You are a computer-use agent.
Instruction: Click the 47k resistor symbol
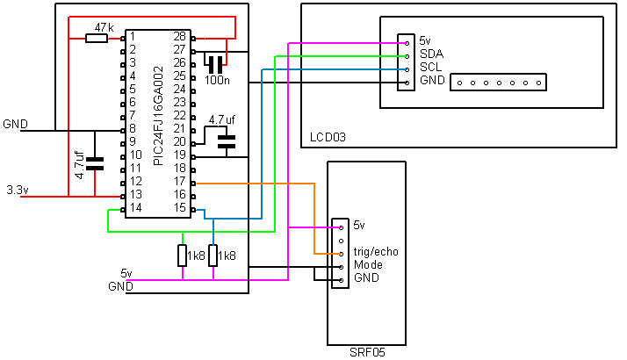coord(97,39)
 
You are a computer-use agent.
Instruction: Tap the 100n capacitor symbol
coord(215,64)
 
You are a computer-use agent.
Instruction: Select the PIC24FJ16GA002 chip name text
coord(158,116)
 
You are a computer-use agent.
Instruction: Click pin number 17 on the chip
coord(179,181)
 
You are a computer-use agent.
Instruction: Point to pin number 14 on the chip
coord(135,207)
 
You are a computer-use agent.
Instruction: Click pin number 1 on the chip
coord(133,37)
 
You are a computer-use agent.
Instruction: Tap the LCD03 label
coord(328,137)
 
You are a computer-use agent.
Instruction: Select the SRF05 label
coord(367,352)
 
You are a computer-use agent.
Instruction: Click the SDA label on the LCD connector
coord(431,54)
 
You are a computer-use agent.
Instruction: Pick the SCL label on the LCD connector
coord(430,67)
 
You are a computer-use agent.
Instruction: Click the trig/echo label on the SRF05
coord(376,252)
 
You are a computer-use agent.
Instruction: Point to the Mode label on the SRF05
coord(368,265)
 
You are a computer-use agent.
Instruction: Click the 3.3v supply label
coord(18,190)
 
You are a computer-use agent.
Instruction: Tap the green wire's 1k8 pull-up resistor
coord(183,256)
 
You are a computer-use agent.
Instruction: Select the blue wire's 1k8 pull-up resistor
coord(213,256)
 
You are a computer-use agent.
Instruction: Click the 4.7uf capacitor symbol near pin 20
coord(227,142)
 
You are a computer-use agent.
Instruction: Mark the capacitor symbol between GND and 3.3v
coord(95,163)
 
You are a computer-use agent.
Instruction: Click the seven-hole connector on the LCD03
coord(498,83)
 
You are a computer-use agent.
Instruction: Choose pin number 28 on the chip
coord(179,36)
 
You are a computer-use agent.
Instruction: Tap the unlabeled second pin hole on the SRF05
coord(341,241)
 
